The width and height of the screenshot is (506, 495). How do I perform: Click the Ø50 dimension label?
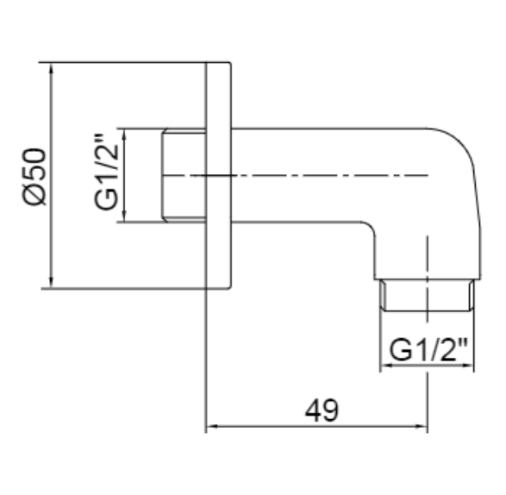[x=34, y=176]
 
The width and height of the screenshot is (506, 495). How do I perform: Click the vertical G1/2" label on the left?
[x=107, y=172]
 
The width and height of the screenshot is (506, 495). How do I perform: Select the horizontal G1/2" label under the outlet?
[x=428, y=349]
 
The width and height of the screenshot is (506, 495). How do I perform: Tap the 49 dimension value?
[x=322, y=410]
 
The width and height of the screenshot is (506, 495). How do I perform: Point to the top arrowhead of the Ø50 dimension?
[x=51, y=68]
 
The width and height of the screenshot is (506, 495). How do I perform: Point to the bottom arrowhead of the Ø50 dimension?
[x=51, y=282]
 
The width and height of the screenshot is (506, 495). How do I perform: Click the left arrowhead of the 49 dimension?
[x=212, y=426]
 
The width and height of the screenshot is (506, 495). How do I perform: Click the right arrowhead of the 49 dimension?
[x=422, y=426]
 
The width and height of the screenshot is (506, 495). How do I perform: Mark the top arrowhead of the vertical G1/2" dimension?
[x=125, y=135]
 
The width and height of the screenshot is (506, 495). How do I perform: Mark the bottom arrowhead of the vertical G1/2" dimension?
[x=125, y=216]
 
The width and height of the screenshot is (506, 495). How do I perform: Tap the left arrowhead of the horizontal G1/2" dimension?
[x=386, y=365]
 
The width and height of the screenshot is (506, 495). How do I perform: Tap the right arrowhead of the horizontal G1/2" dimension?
[x=468, y=365]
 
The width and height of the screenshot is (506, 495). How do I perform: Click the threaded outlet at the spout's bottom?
[x=428, y=295]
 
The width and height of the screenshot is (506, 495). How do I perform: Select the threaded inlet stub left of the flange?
[x=184, y=175]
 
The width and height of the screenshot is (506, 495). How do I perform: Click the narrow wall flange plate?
[x=219, y=175]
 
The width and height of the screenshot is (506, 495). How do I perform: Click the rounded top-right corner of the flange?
[x=230, y=63]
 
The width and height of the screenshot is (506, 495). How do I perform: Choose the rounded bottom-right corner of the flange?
[x=230, y=286]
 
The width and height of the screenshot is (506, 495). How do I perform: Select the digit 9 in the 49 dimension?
[x=331, y=410]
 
